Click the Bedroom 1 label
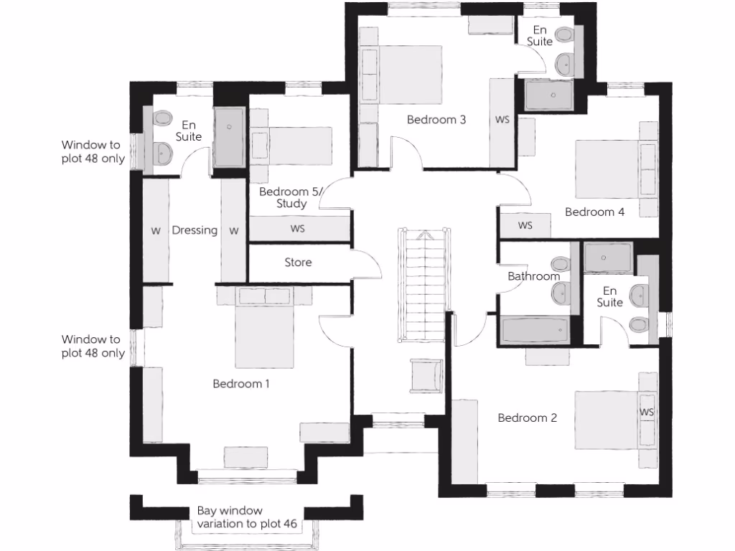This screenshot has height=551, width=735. (241, 384)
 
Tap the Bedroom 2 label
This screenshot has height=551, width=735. (528, 418)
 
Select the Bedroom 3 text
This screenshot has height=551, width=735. (436, 120)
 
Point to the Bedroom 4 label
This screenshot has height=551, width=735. (594, 212)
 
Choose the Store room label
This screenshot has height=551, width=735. (298, 263)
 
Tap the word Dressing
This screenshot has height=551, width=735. (195, 230)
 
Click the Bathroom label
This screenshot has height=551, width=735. (533, 276)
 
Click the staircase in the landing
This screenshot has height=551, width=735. (425, 287)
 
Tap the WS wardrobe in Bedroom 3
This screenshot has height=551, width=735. (502, 120)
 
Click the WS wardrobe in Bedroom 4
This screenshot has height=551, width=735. (525, 225)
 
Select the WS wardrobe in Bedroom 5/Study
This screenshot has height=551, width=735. (298, 229)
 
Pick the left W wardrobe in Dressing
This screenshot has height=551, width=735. (155, 230)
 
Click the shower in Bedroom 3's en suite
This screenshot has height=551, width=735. (553, 95)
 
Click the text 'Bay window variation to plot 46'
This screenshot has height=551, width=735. (248, 518)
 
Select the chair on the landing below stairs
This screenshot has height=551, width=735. (424, 377)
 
